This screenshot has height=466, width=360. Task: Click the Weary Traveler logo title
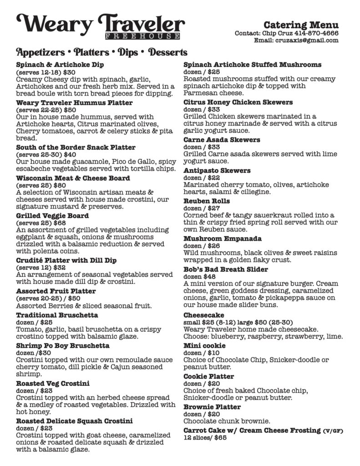pos(101,23)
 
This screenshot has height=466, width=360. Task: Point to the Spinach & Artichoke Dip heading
pos(60,65)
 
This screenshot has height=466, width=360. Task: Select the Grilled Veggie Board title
pos(52,216)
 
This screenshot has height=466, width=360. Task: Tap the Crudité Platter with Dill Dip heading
pos(66,260)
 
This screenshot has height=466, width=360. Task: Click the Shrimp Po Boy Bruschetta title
pos(63,345)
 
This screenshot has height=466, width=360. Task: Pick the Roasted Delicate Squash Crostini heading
pos(74,420)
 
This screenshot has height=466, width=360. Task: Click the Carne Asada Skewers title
pos(222,140)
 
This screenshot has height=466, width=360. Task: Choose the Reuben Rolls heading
pos(206,201)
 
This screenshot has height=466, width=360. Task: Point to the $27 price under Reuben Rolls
pos(213,208)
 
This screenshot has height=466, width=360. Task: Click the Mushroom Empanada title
pos(219,238)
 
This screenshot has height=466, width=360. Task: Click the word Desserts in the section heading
pos(168,52)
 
